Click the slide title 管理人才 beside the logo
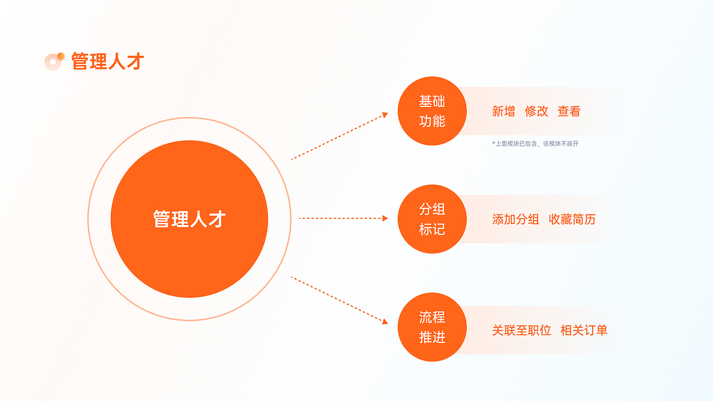pos(108,61)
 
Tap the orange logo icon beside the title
pos(54,61)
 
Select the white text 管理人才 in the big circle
pos(189,219)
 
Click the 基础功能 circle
pos(432,111)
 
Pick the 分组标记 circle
pos(432,219)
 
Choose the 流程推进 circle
pos(432,327)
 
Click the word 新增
pos(504,111)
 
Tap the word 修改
pos(536,111)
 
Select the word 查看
pos(569,111)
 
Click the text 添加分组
pos(516,219)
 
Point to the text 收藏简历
pos(572,219)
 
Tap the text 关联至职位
pos(521,330)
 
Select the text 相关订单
pos(584,330)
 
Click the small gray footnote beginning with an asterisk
pos(535,144)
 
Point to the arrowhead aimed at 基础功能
pos(384,115)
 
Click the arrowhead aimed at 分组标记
pos(385,218)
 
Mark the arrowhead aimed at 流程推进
pos(384,321)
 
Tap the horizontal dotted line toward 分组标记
pos(341,218)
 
